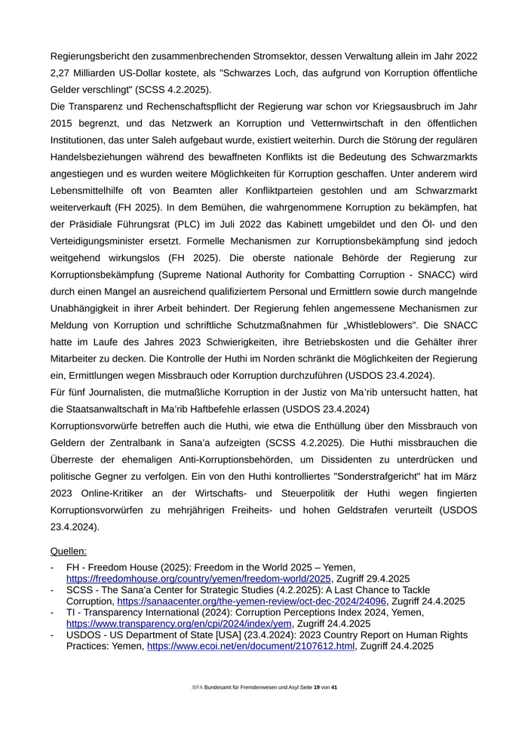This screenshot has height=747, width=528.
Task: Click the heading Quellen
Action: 68,551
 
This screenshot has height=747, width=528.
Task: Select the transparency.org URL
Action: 179,624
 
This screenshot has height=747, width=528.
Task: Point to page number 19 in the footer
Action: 317,688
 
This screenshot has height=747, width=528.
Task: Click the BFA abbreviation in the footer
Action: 198,688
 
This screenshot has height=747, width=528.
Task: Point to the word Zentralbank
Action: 127,442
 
